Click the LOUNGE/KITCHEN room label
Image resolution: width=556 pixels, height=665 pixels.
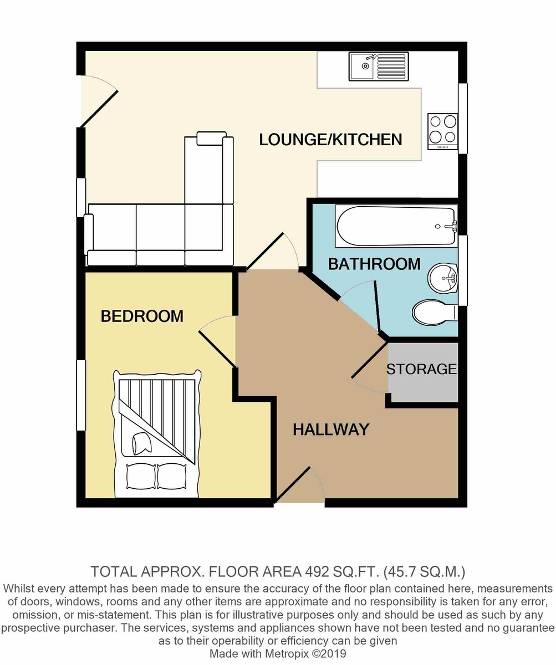[330, 140]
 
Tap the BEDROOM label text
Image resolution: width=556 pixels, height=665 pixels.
[142, 316]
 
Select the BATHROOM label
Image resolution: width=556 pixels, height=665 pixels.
[374, 264]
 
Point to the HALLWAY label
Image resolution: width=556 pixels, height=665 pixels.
[331, 429]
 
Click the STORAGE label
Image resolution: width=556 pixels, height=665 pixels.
[421, 369]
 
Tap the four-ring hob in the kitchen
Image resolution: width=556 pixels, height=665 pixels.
[443, 131]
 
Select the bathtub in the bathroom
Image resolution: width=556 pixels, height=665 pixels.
[396, 226]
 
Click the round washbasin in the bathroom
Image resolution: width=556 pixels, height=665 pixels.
[443, 278]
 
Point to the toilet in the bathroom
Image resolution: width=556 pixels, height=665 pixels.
[434, 312]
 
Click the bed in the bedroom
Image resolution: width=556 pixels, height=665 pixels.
[156, 433]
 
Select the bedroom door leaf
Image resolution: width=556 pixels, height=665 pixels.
[217, 349]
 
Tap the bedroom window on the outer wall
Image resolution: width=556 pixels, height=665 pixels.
[81, 395]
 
